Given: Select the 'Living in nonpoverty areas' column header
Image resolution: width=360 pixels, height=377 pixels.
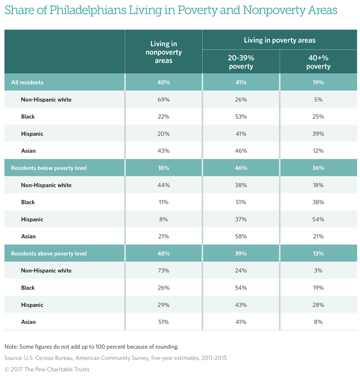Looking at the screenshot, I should (163, 52).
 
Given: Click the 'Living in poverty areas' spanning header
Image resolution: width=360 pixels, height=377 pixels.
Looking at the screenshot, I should (279, 40).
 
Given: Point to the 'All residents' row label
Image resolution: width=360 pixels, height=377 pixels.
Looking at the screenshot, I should (27, 82).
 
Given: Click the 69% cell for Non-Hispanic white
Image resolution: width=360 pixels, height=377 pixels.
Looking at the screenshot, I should (163, 100).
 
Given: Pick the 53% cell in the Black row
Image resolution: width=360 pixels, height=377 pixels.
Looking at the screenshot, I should (240, 117).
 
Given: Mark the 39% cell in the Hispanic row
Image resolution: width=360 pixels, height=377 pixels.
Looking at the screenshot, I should (318, 134).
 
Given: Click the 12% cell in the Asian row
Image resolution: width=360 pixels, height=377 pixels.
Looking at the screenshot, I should (318, 151).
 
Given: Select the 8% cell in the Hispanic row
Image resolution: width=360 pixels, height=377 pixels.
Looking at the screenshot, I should (163, 219).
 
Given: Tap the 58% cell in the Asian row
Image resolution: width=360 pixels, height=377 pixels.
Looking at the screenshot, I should (240, 236).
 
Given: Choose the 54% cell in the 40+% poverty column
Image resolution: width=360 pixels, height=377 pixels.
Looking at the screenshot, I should (318, 219).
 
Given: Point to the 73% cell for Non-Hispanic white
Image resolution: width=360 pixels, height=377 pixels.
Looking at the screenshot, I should (163, 271).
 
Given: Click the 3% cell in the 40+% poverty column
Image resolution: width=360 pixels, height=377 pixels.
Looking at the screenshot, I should (318, 271).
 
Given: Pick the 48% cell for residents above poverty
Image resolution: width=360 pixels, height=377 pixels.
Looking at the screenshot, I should (163, 254).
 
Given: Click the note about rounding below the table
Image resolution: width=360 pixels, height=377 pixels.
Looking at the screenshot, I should (91, 347).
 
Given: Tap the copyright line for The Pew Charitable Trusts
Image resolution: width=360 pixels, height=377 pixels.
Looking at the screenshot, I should (47, 369).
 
